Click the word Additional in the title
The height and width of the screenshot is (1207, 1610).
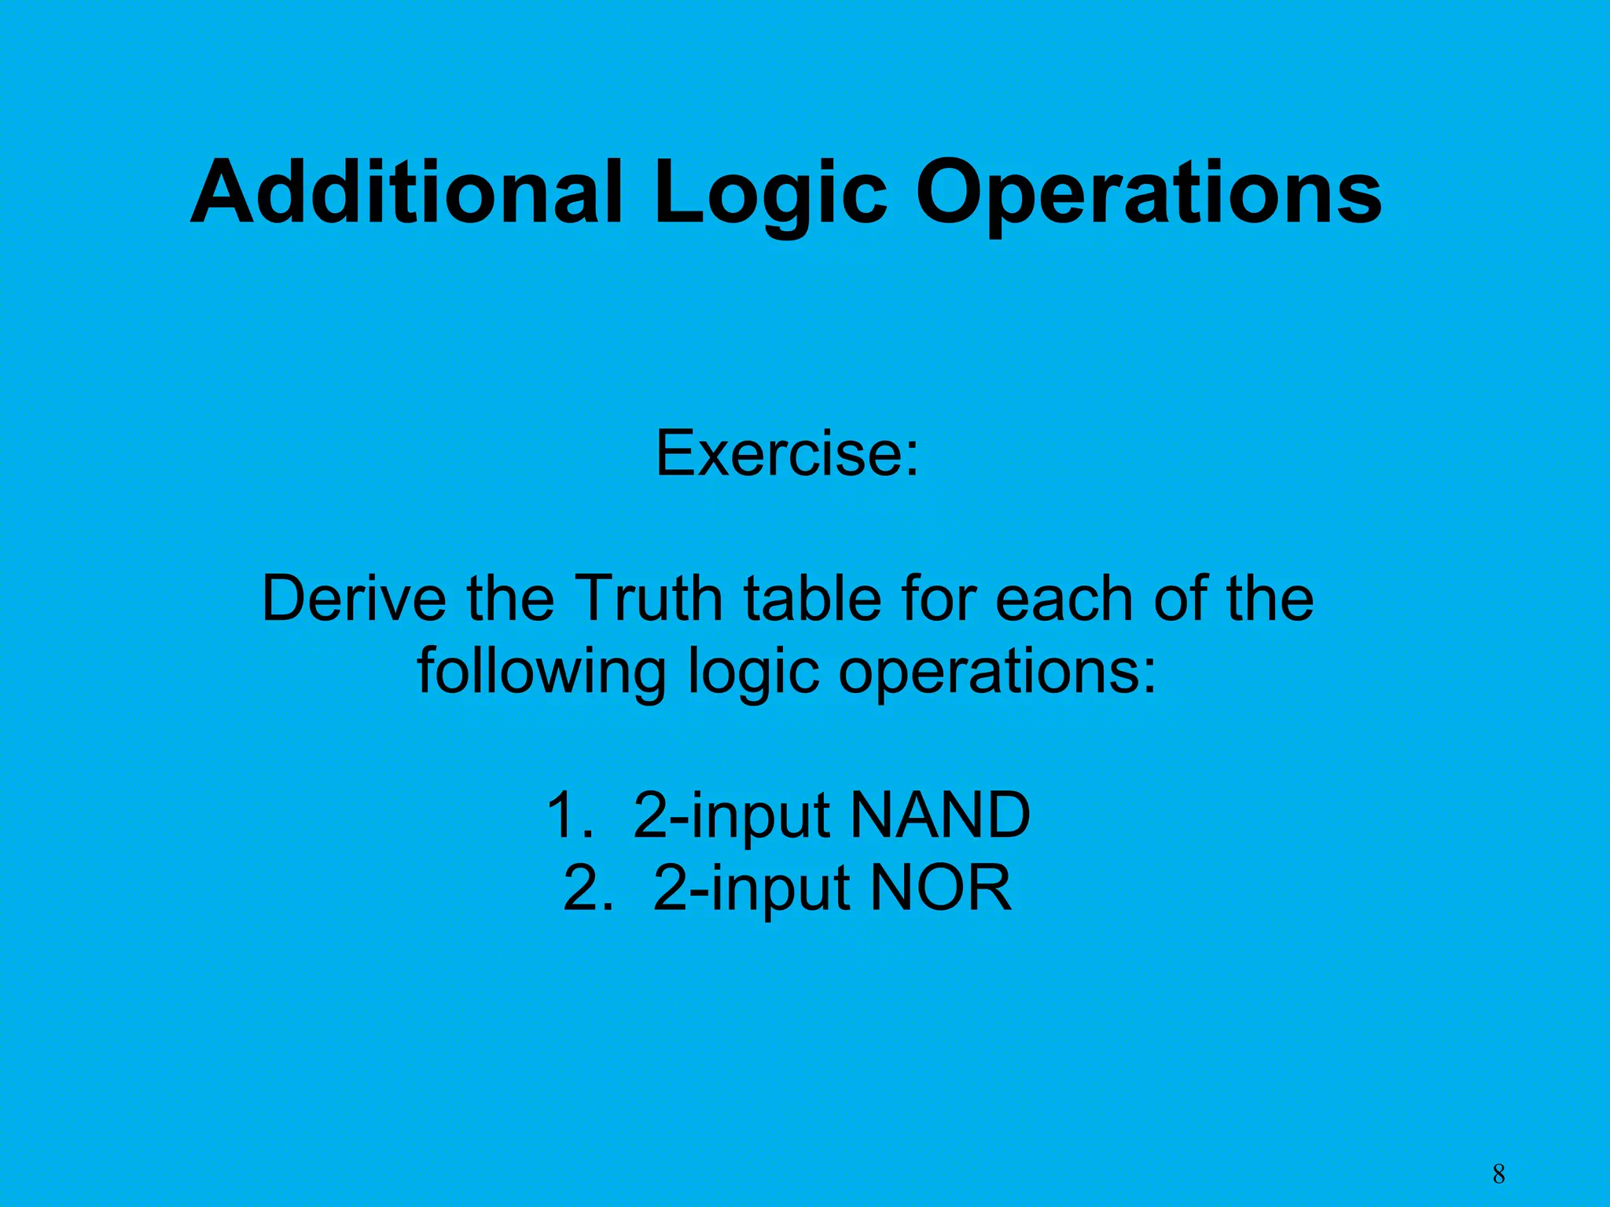tap(407, 193)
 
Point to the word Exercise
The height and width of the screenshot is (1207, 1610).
tap(787, 453)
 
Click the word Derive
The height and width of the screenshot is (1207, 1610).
tap(353, 599)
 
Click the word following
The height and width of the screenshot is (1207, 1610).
tap(542, 672)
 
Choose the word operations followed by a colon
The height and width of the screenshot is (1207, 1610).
tap(998, 672)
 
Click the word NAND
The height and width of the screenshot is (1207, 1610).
tap(940, 815)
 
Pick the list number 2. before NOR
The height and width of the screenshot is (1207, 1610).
tap(587, 888)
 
